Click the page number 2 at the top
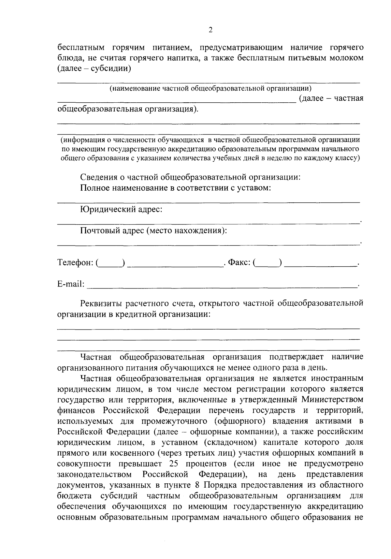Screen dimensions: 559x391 (210, 30)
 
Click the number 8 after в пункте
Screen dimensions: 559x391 (197, 485)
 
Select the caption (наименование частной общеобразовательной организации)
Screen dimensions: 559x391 (210, 88)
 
